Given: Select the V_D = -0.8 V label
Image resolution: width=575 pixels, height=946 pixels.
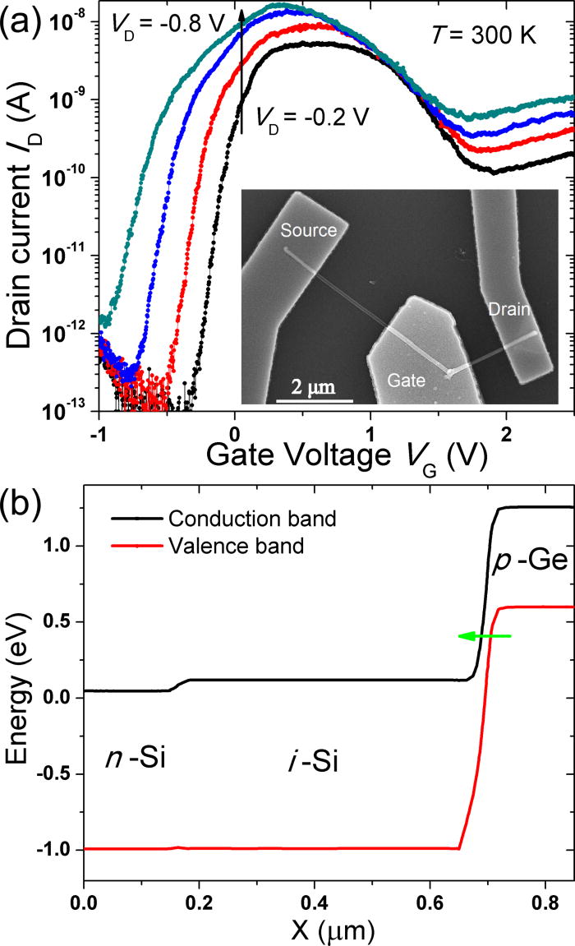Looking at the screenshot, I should tap(157, 27).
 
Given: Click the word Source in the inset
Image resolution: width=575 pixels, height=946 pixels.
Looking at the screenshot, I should tap(309, 230).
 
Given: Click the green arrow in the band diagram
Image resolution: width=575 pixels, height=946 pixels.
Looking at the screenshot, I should tap(485, 635).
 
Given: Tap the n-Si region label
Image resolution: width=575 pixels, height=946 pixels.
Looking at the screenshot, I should tap(136, 757).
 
